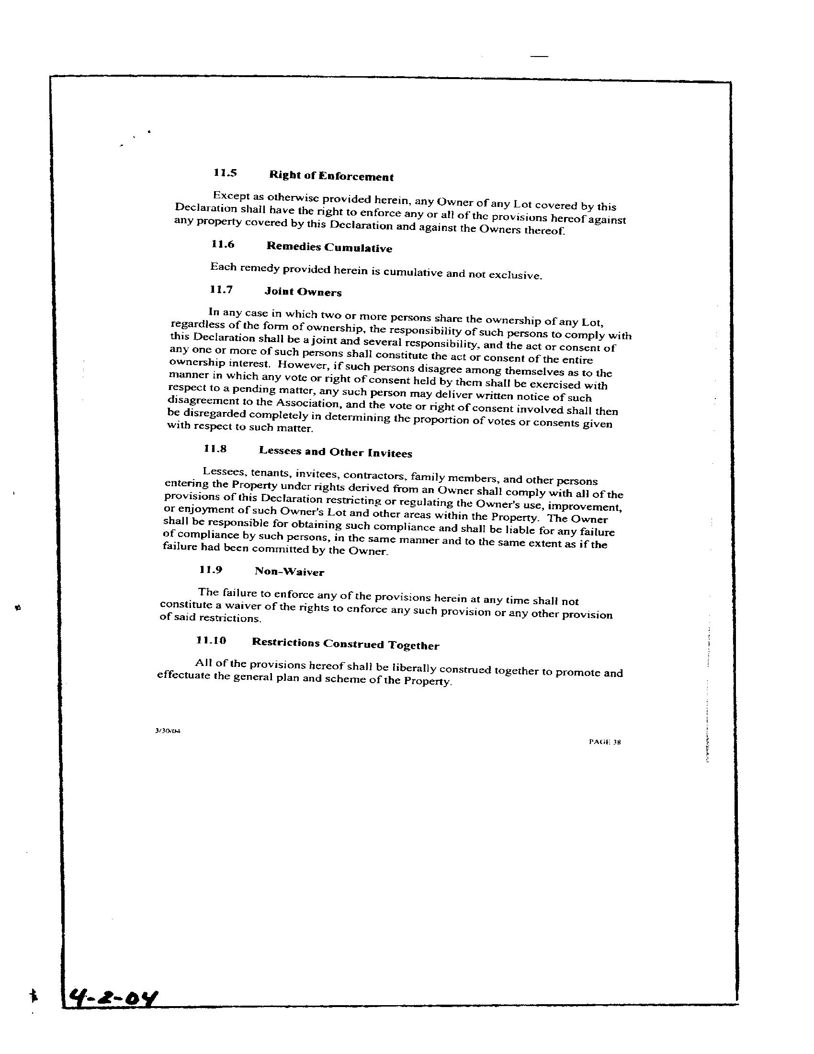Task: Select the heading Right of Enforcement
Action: pyautogui.click(x=331, y=176)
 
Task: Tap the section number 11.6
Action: pyautogui.click(x=222, y=244)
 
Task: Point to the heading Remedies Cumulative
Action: pyautogui.click(x=329, y=248)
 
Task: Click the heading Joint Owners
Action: pyautogui.click(x=303, y=292)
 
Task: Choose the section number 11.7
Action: pyautogui.click(x=221, y=289)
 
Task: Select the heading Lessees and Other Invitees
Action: pyautogui.click(x=335, y=452)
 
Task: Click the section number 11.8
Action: pyautogui.click(x=215, y=449)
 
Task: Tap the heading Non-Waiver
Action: pyautogui.click(x=289, y=572)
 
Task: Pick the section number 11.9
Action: pyautogui.click(x=211, y=570)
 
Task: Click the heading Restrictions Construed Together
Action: pyautogui.click(x=345, y=644)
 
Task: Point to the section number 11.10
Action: pyautogui.click(x=211, y=641)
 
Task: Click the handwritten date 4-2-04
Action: pyautogui.click(x=114, y=995)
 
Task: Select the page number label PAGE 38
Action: pyautogui.click(x=605, y=742)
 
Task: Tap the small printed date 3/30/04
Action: pyautogui.click(x=167, y=731)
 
